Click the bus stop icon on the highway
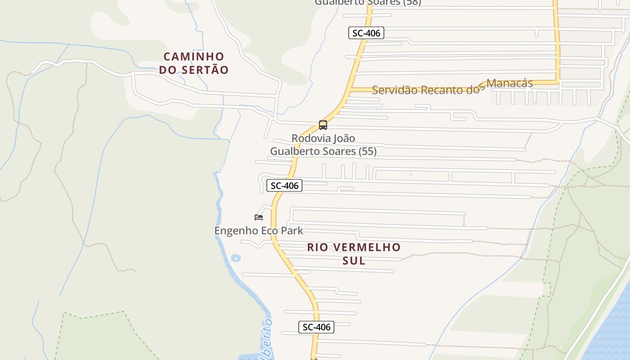323,125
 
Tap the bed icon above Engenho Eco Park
259,217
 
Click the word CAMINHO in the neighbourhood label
194,57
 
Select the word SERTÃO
205,70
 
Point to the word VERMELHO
369,247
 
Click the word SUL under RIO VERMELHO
354,261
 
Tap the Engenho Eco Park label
259,231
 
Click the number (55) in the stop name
368,151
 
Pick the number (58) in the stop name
412,2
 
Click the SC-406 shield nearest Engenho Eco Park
285,185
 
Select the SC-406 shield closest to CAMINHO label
366,33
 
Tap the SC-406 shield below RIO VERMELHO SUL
316,327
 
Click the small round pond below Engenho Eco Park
235,258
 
